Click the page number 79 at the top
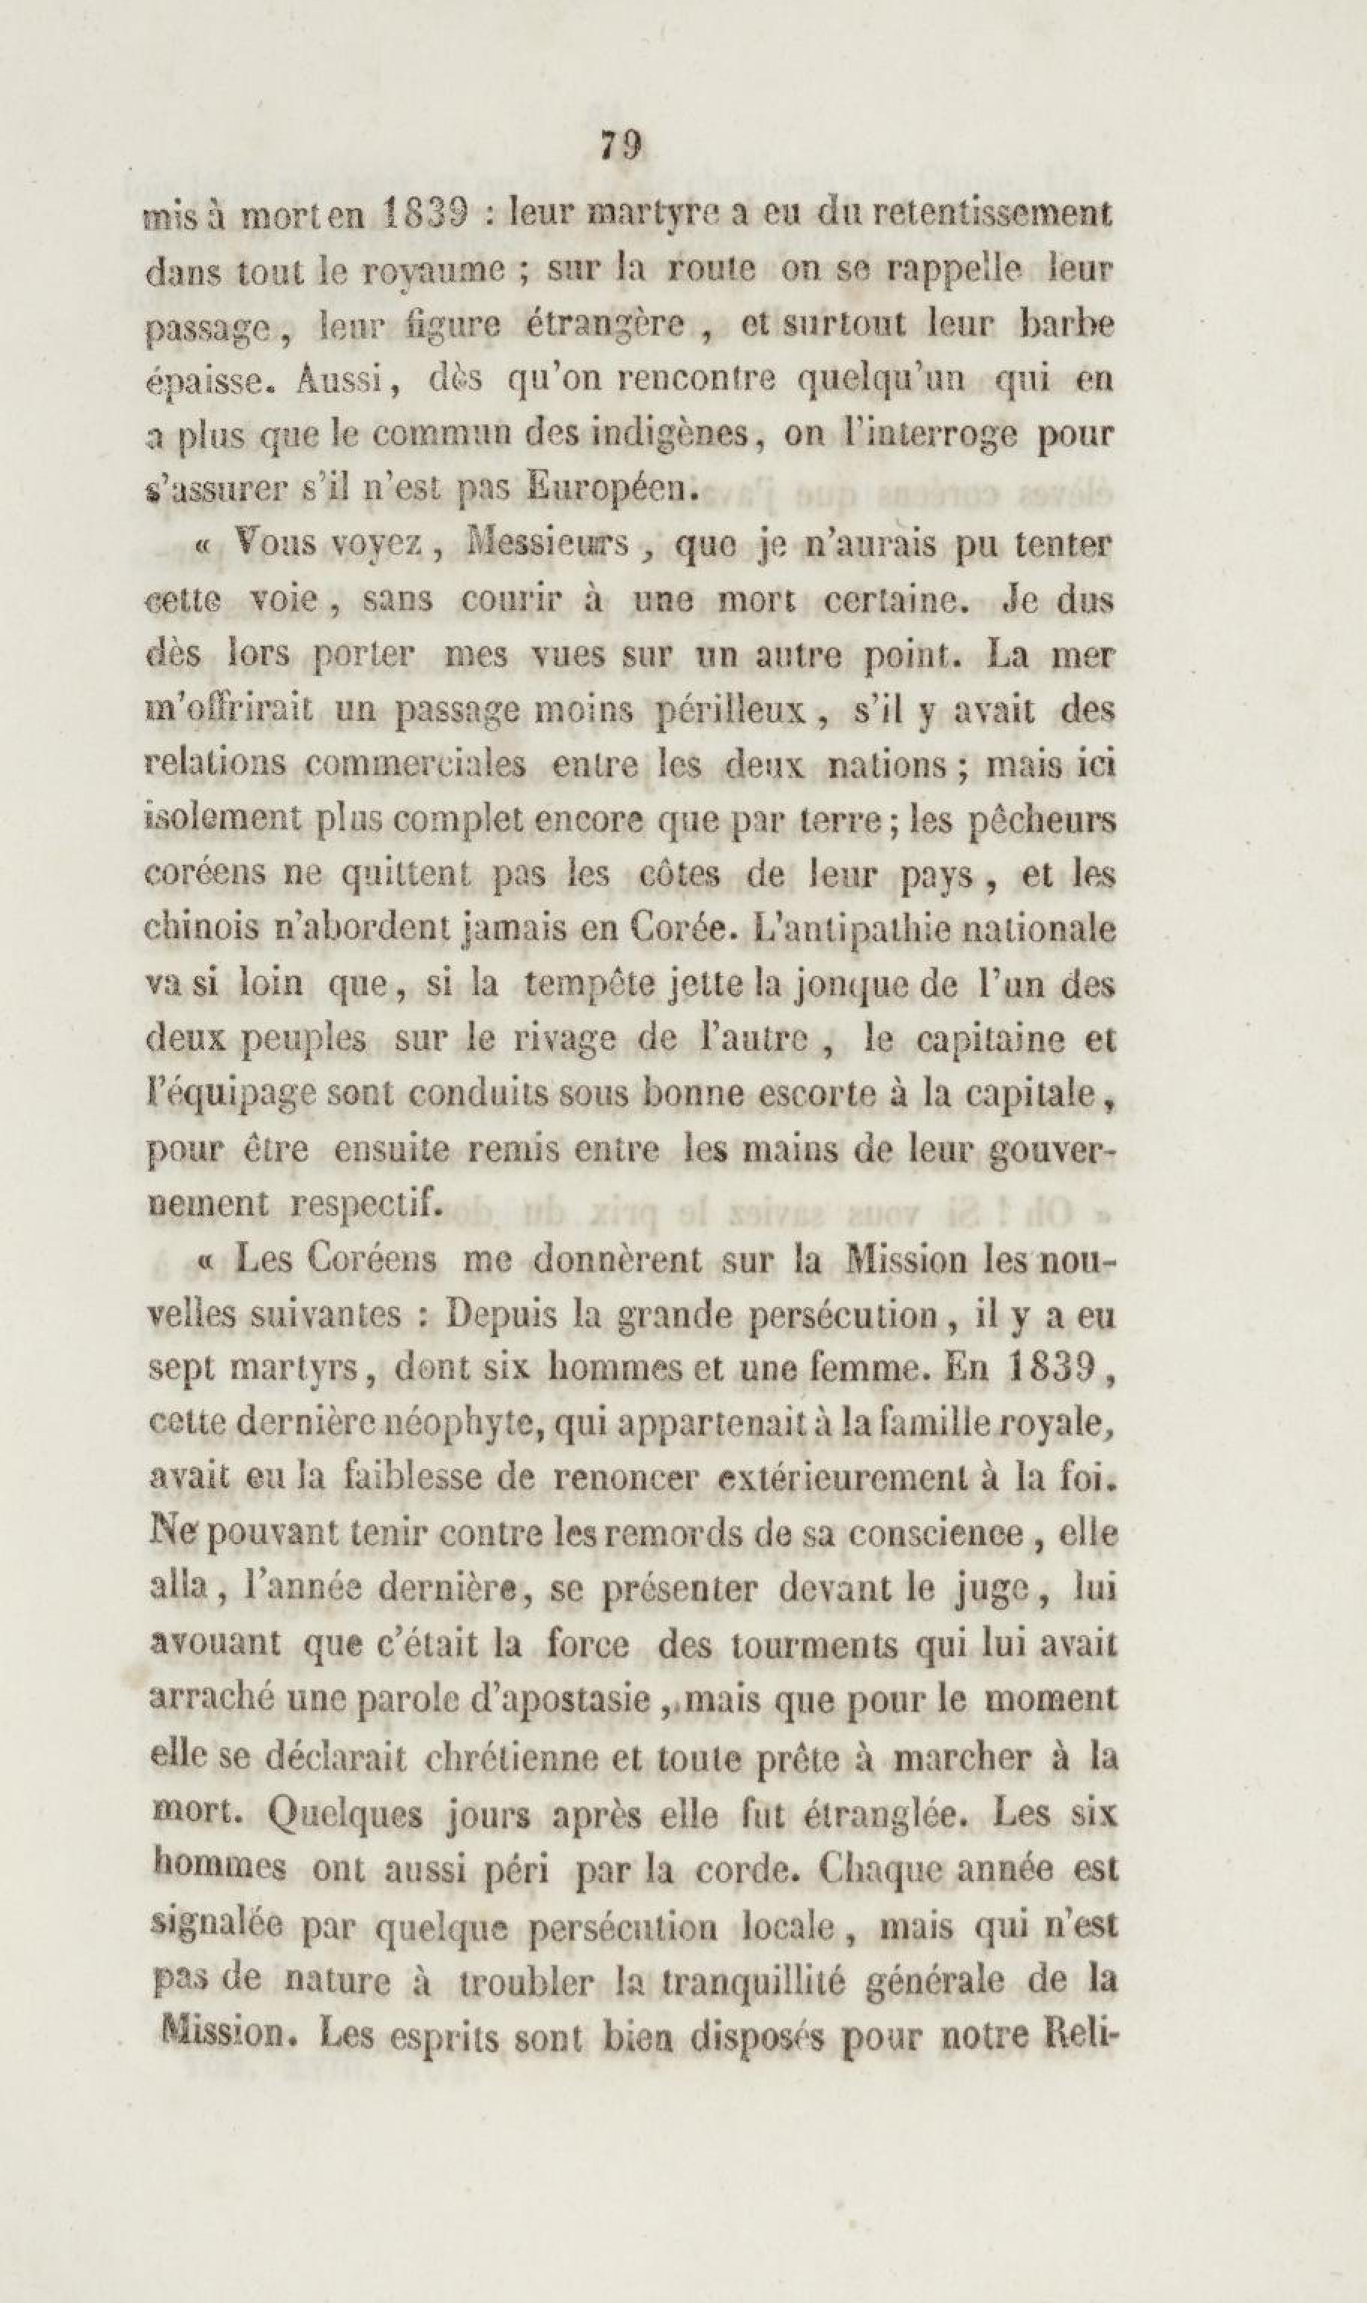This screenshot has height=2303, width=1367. tap(621, 145)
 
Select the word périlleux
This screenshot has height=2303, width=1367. tap(735, 710)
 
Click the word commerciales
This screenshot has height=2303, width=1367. tap(416, 765)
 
